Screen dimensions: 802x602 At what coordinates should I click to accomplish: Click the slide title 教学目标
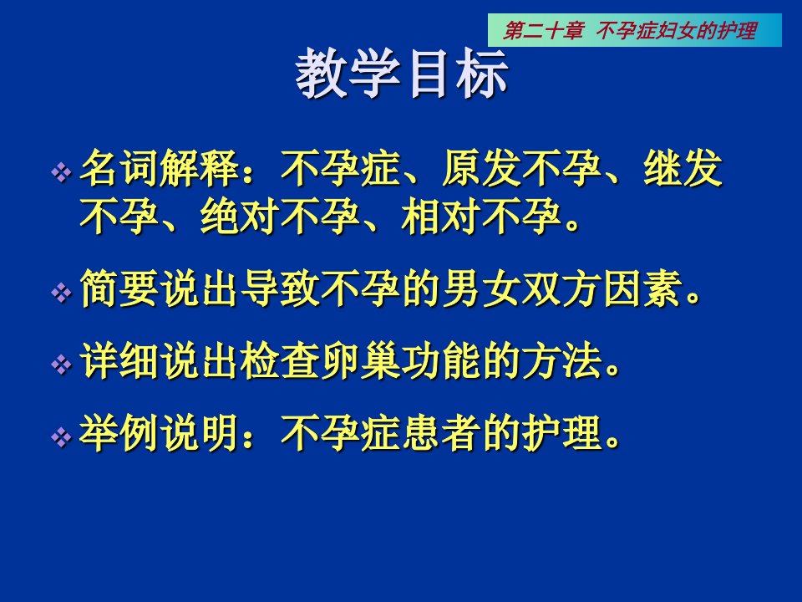tap(402, 74)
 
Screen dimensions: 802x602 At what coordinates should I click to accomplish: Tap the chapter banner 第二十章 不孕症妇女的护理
tap(635, 30)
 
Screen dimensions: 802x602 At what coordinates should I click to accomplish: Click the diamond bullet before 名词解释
tap(61, 172)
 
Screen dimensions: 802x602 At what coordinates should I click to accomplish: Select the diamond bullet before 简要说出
tap(61, 293)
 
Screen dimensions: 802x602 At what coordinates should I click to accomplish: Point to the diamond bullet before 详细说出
tap(61, 365)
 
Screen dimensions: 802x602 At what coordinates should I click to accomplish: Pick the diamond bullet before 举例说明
tap(61, 437)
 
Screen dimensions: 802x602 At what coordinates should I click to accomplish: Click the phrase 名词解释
tap(160, 168)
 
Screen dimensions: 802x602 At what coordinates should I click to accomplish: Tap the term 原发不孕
tap(521, 168)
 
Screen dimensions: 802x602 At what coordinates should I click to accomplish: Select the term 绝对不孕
tap(281, 217)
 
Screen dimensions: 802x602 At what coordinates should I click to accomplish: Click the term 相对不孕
tap(481, 217)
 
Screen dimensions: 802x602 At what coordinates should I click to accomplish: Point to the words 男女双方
tap(521, 288)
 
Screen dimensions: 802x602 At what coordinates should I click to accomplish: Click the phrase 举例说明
tap(160, 433)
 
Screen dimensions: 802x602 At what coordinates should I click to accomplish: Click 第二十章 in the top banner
tap(543, 31)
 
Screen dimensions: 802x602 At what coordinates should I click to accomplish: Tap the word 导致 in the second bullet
tap(280, 288)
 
